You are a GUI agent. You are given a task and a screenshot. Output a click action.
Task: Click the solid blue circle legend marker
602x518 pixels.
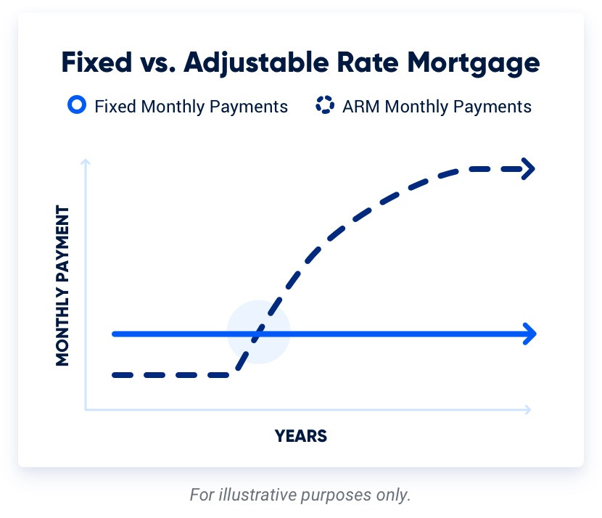pos(76,106)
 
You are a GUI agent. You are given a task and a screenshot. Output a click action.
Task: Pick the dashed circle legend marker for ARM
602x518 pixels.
pos(324,106)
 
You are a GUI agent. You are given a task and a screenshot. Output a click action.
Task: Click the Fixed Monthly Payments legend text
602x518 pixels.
pos(191,107)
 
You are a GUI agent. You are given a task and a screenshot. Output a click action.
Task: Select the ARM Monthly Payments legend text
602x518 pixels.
pos(437,107)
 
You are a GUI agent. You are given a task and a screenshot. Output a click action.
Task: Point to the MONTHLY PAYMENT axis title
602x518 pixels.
pos(62,286)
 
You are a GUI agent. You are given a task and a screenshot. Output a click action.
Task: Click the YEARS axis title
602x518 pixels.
pos(301,436)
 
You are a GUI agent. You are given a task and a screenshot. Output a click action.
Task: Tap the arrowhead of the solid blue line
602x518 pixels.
pos(529,334)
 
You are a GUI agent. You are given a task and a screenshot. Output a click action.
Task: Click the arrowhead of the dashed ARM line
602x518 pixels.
pos(528,170)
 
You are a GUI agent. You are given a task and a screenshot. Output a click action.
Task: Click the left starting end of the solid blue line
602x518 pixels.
pos(115,334)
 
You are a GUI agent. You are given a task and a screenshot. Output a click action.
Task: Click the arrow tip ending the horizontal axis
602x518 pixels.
pos(529,411)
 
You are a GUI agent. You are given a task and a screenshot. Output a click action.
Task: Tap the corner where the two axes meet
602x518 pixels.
pos(86,411)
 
